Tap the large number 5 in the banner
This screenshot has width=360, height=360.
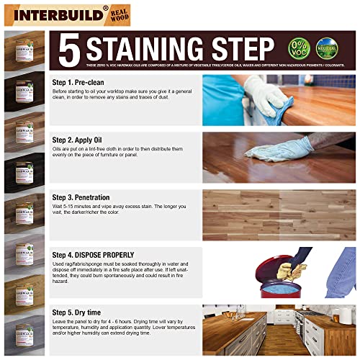tap(69, 50)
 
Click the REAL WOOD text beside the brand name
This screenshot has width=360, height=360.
tap(119, 14)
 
